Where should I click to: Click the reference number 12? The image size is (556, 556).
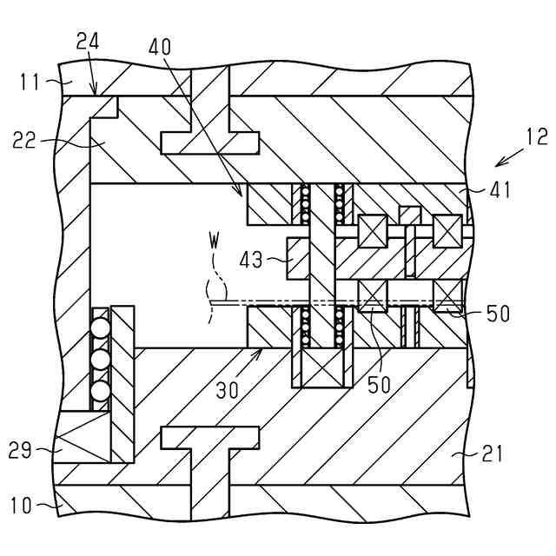[x=537, y=136]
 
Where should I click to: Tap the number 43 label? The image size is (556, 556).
[x=254, y=259]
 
